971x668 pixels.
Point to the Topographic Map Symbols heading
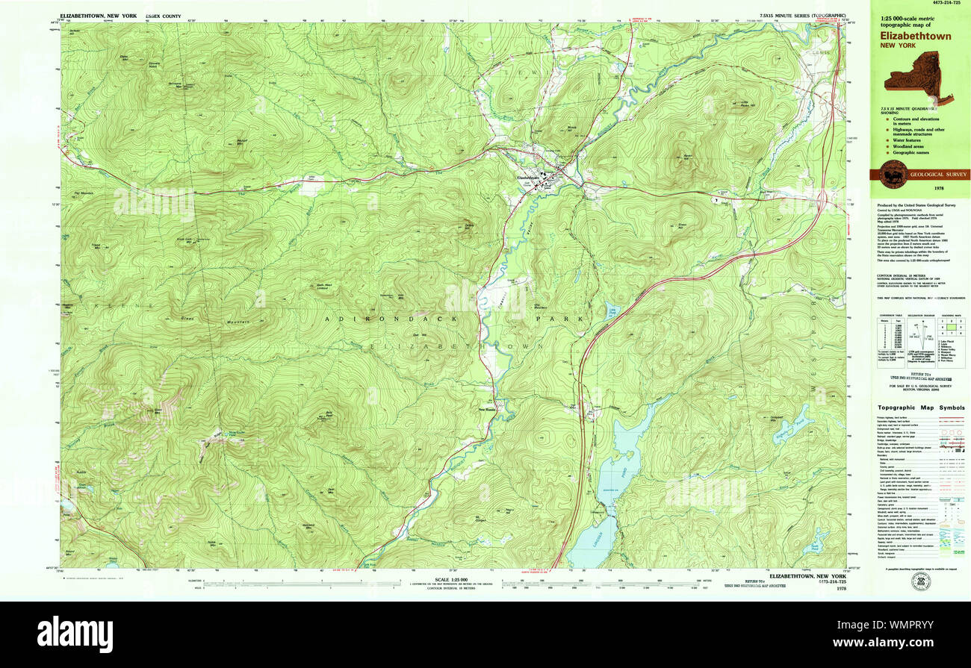(920, 408)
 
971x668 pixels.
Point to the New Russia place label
(486, 409)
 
